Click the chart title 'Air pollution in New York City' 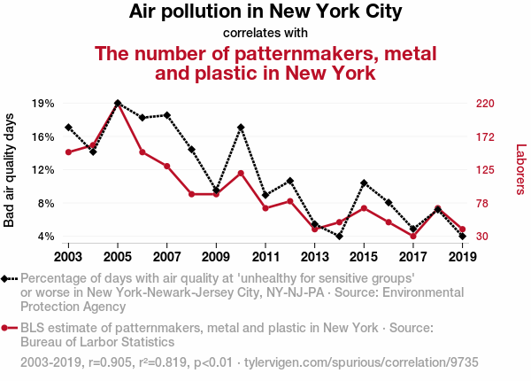point(265,12)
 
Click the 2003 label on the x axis point(68,257)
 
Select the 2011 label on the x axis point(265,257)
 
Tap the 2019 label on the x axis point(463,257)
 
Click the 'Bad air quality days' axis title point(10,170)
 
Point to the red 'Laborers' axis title point(520,170)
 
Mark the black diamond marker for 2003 point(68,128)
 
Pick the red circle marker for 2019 point(463,229)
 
